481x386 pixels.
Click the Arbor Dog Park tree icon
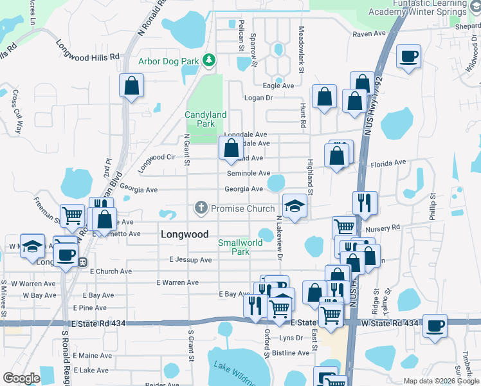pos(208,60)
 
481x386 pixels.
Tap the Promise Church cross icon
pos(201,208)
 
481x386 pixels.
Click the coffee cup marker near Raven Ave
pos(408,57)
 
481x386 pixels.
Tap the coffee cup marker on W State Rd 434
pos(435,326)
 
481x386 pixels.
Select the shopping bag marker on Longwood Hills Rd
pos(131,86)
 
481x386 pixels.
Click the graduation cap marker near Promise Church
pos(295,206)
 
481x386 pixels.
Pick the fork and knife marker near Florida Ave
pos(365,202)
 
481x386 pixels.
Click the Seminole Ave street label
pos(248,173)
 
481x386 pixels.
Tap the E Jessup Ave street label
pos(190,260)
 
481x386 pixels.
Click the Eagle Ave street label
pos(278,86)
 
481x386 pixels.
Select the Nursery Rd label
pos(382,227)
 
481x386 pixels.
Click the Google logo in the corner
pos(21,378)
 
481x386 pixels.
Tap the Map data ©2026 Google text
pos(440,381)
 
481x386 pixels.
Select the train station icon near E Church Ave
pos(82,262)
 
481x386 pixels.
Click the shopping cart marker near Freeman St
pos(72,214)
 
